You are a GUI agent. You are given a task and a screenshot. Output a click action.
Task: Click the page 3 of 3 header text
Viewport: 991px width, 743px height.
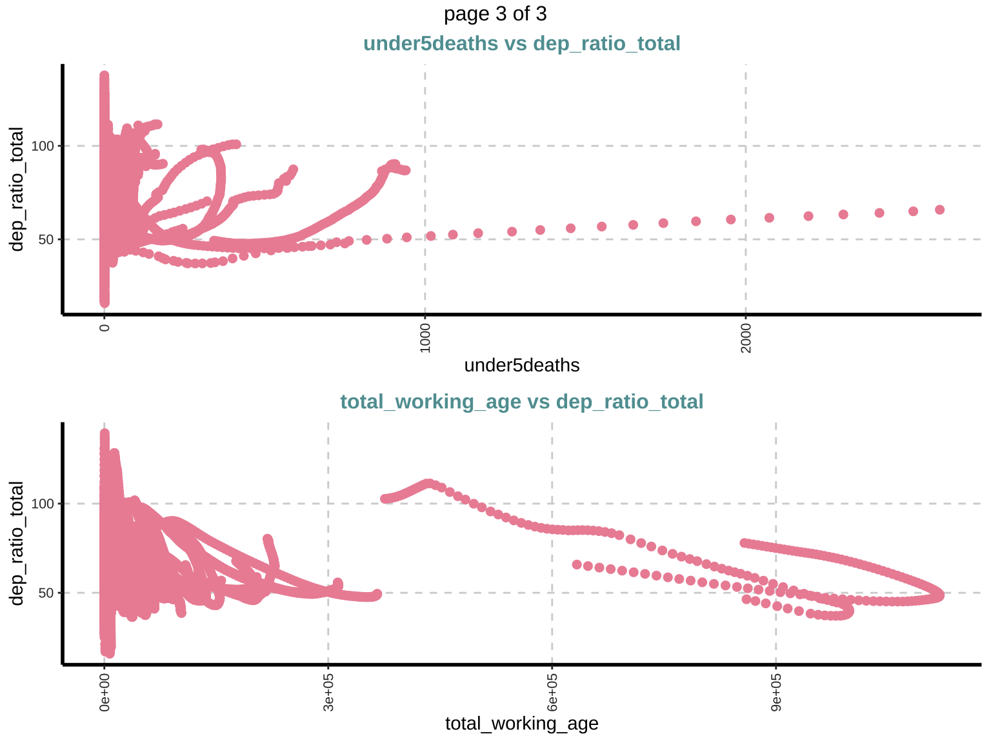[x=495, y=14]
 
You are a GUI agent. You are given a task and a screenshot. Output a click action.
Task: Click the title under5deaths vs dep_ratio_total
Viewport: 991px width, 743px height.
[x=521, y=44]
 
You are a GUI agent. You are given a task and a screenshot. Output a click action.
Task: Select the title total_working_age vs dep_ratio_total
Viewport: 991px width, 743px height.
[x=521, y=402]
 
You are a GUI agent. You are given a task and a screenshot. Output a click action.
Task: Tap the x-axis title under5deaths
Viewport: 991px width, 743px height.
[x=521, y=366]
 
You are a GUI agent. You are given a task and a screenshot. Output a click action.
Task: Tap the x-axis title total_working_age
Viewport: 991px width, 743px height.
[x=521, y=724]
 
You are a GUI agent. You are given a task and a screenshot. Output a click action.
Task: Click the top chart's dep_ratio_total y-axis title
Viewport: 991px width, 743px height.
[x=17, y=190]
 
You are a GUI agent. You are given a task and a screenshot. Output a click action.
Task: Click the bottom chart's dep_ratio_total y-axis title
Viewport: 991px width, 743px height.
[x=17, y=544]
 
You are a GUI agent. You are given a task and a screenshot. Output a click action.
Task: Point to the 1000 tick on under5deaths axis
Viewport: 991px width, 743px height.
[x=425, y=335]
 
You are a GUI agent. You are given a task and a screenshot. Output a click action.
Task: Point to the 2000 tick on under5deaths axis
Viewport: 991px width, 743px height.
[x=746, y=335]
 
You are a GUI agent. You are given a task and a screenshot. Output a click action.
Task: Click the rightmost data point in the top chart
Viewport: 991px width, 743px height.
[x=939, y=210]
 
